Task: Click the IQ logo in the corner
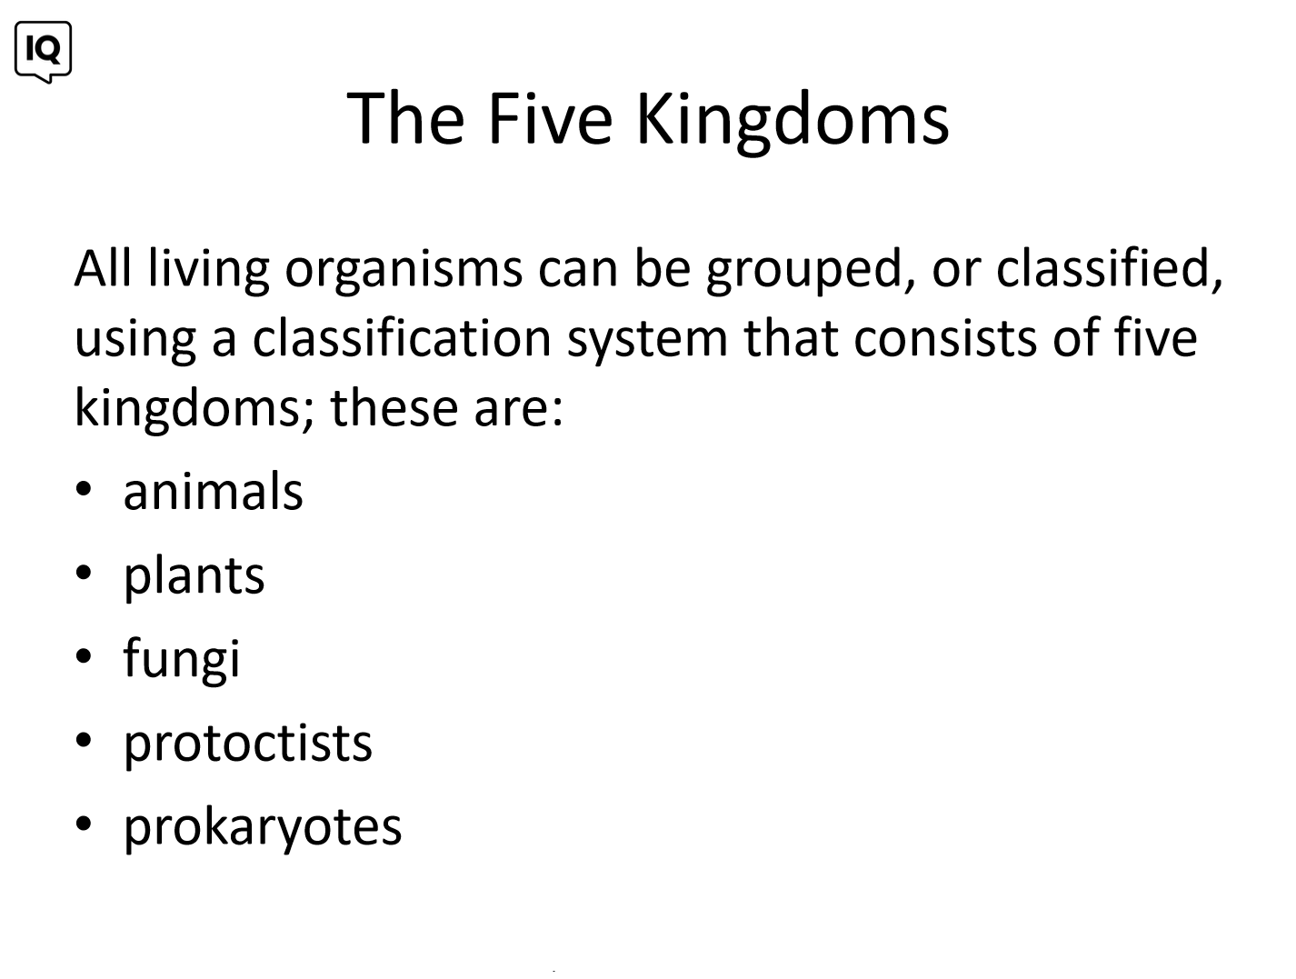click(43, 52)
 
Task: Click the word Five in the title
click(550, 117)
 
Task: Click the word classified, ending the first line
click(1109, 269)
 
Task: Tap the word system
click(647, 341)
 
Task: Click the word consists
click(944, 339)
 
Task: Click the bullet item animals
click(214, 491)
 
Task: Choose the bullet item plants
click(194, 577)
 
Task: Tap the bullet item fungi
click(181, 659)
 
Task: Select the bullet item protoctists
click(248, 744)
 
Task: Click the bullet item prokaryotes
click(262, 828)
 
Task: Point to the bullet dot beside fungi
click(84, 656)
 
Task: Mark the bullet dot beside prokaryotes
click(84, 824)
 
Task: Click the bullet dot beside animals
click(84, 489)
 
